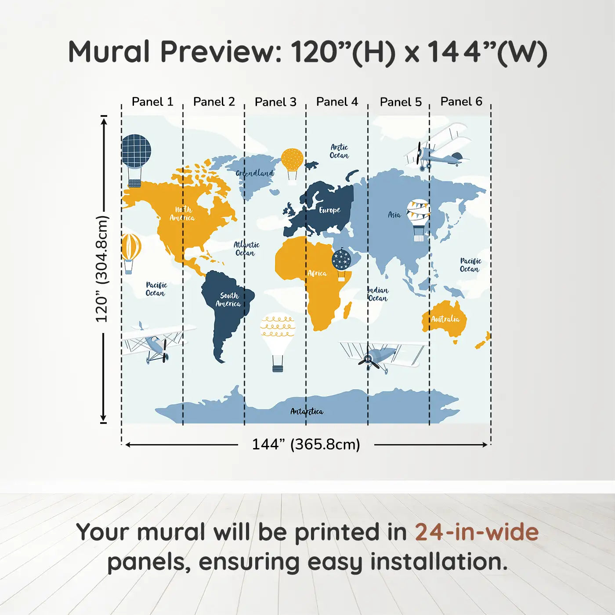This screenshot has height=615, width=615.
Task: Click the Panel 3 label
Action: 275,102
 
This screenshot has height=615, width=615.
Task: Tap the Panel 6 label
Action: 461,101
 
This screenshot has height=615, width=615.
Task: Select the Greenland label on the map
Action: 255,173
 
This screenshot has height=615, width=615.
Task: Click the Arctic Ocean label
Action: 339,151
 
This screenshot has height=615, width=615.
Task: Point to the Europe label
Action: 329,210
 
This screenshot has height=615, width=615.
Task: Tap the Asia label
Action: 394,215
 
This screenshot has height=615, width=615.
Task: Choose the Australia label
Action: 445,319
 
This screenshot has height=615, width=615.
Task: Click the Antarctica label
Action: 307,411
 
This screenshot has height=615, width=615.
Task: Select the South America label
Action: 228,300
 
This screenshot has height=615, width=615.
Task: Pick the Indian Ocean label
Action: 378,294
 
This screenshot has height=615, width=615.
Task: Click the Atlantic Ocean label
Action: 246,249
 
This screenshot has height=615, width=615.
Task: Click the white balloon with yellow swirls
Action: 277,342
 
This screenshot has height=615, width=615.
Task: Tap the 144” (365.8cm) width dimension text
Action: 306,444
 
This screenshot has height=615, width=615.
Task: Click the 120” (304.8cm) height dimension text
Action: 102,269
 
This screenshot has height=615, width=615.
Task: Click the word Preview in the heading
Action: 221,52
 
